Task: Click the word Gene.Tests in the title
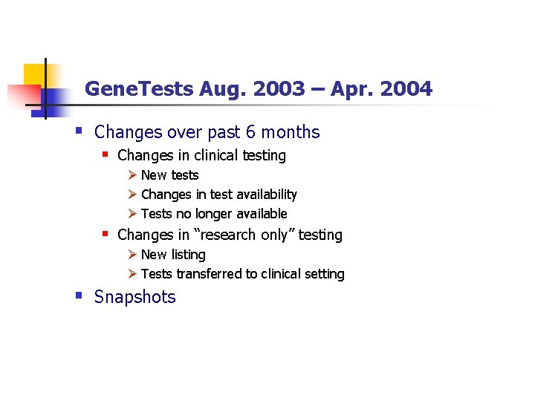pyautogui.click(x=139, y=90)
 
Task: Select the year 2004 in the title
pyautogui.click(x=405, y=90)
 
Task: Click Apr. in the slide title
pyautogui.click(x=348, y=90)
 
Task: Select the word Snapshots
pyautogui.click(x=135, y=297)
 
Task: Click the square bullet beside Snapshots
pyautogui.click(x=79, y=295)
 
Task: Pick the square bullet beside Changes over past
pyautogui.click(x=79, y=130)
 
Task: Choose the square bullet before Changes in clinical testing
pyautogui.click(x=106, y=154)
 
